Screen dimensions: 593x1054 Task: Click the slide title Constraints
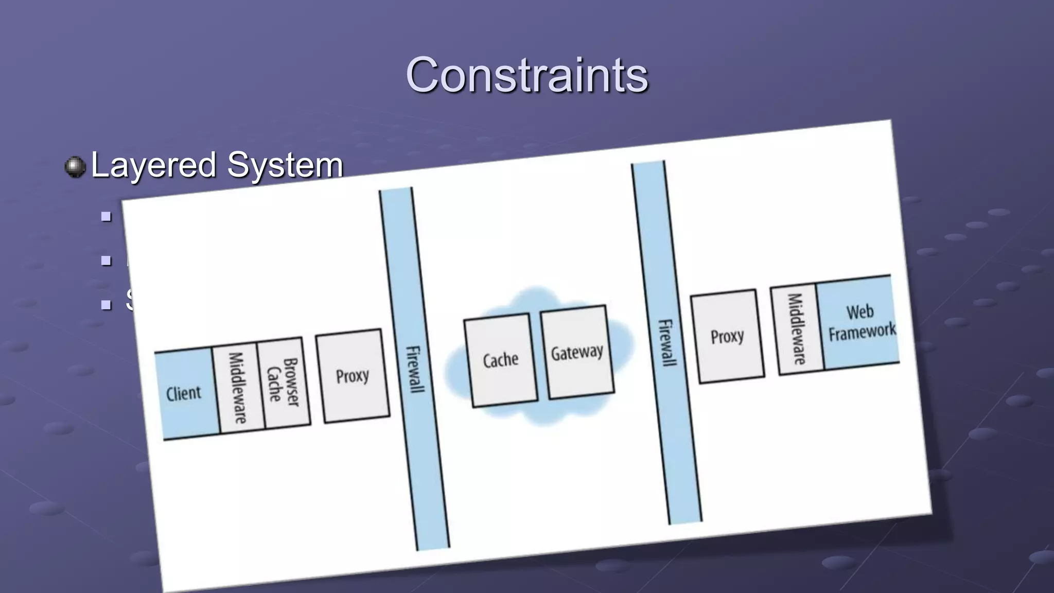coord(526,75)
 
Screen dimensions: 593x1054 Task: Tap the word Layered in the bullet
coord(153,165)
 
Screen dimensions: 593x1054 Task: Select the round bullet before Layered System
coord(75,167)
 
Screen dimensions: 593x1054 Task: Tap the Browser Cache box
coord(284,382)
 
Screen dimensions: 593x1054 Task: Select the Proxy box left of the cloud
coord(353,376)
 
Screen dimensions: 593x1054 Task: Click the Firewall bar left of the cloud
coord(414,369)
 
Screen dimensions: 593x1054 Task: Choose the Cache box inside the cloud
coord(501,360)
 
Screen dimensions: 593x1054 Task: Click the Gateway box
coord(577,352)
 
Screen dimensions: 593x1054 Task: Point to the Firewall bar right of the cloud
coord(666,343)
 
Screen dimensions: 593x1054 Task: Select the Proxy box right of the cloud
coord(727,337)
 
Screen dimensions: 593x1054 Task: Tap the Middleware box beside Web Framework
coord(797,329)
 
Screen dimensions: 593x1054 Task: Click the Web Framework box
coord(860,322)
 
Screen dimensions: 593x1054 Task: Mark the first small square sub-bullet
coord(107,217)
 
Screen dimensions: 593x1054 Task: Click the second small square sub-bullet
coord(107,260)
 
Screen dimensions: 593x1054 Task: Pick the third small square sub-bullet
coord(107,305)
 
